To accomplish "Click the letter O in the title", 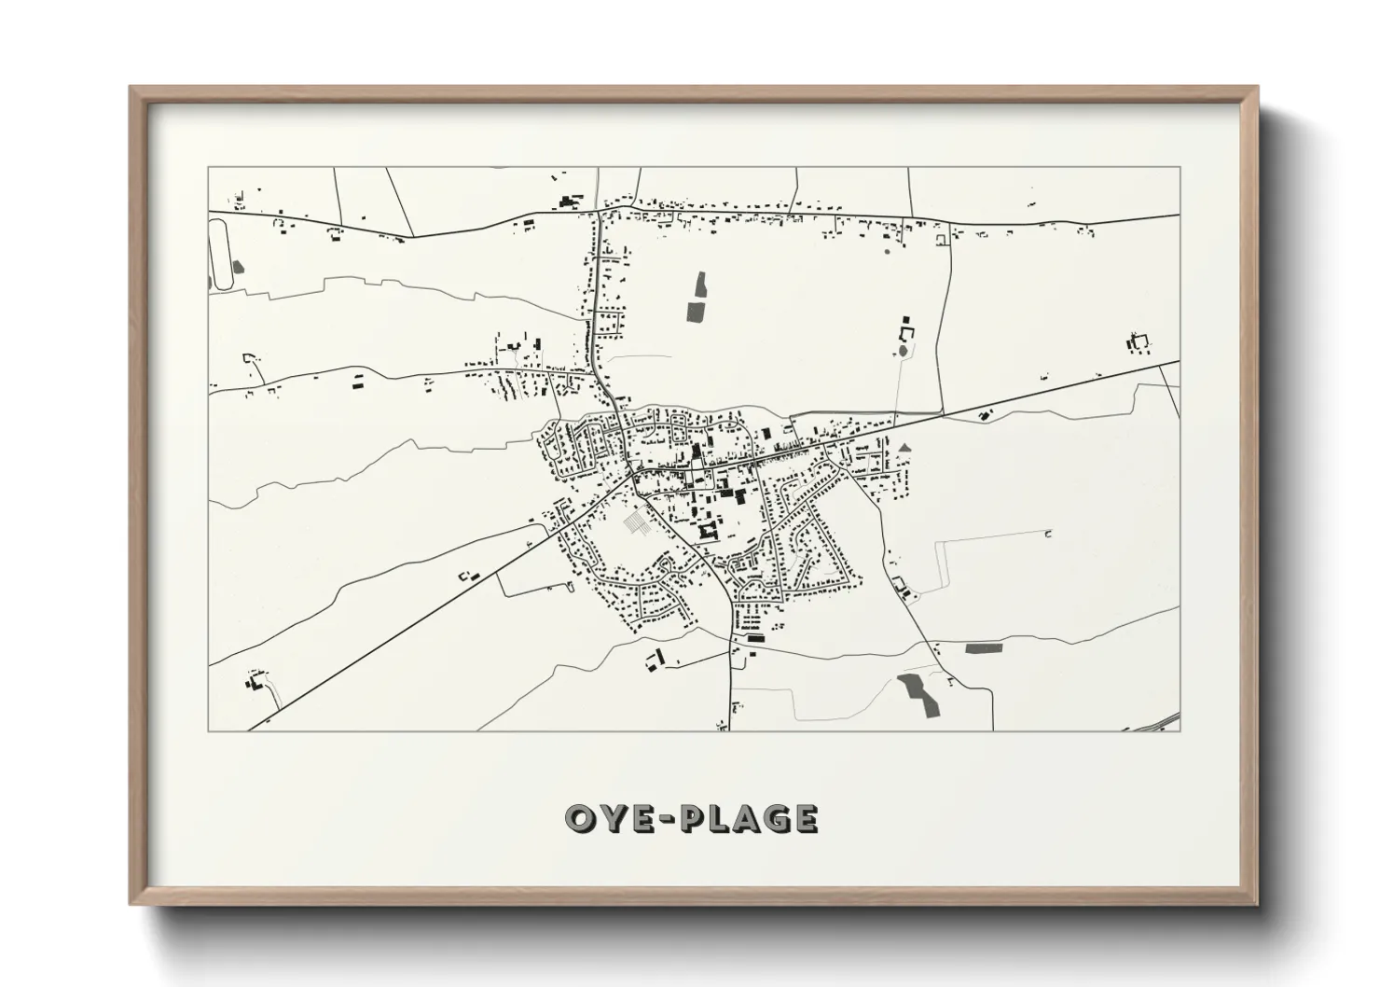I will click(583, 819).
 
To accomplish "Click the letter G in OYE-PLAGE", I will click(773, 819).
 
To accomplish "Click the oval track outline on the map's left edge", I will click(222, 253).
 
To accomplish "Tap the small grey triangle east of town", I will click(904, 448).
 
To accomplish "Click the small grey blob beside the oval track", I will click(238, 267).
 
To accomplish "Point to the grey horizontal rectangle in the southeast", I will click(981, 647).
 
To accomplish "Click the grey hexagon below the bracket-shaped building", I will click(903, 352).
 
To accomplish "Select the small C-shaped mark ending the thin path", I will click(1048, 535).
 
